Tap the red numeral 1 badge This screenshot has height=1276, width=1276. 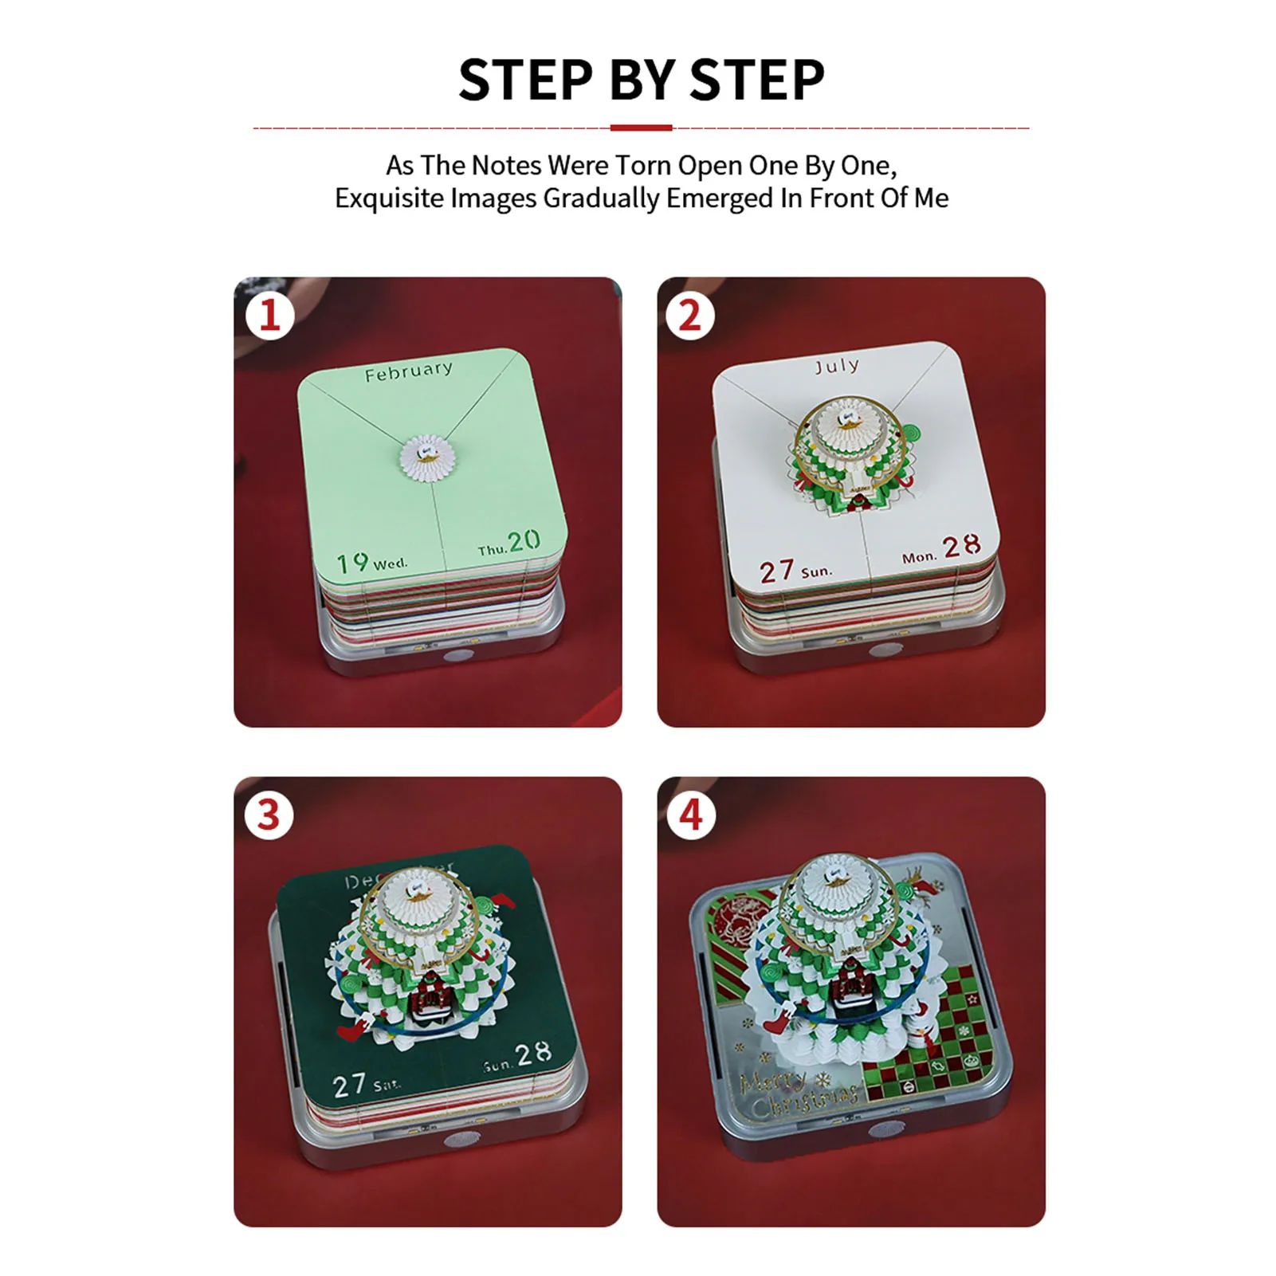coord(270,316)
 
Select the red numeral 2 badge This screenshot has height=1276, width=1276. coord(689,316)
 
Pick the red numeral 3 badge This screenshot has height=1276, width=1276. coord(269,815)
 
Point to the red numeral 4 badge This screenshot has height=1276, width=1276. coord(690,815)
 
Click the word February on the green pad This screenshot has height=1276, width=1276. coord(408,371)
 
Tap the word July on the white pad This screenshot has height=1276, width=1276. coord(836,366)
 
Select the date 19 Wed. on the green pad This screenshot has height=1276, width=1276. coord(371,563)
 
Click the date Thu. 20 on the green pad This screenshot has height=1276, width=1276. coord(510,544)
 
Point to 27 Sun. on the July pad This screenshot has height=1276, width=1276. coord(795,571)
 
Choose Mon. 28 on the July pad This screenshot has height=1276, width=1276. coord(941,550)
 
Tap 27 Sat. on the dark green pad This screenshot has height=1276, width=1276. coord(366,1084)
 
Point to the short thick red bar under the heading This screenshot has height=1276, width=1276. coord(641,128)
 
